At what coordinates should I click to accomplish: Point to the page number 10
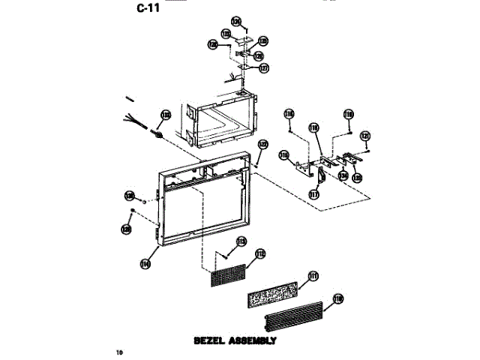click(x=119, y=352)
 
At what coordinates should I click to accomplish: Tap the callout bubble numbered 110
click(x=338, y=298)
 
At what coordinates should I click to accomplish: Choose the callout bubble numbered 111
click(x=313, y=274)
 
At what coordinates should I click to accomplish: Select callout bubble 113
click(x=241, y=241)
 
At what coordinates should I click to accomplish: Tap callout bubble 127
click(x=264, y=67)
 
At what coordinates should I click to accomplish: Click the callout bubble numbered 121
click(x=365, y=136)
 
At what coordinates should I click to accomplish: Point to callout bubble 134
click(x=342, y=175)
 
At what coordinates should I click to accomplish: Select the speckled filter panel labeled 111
click(x=273, y=293)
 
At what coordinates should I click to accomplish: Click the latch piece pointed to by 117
click(x=319, y=175)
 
